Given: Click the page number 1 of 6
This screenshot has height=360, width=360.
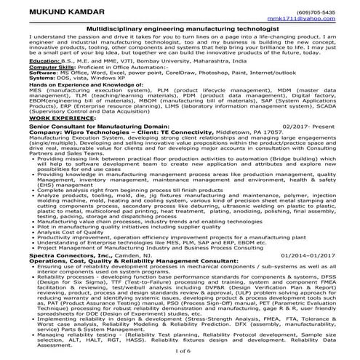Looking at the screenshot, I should pyautogui.click(x=180, y=351).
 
